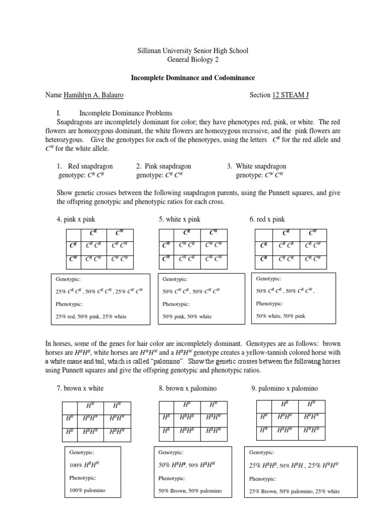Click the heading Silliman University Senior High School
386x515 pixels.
(192, 51)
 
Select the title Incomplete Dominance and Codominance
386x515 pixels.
(192, 78)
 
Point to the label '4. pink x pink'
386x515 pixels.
(76, 219)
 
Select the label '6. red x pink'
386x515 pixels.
(267, 219)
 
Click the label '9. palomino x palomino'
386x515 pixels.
(284, 388)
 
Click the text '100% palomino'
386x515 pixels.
(87, 490)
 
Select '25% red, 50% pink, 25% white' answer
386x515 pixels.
(91, 316)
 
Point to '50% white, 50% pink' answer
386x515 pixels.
(280, 316)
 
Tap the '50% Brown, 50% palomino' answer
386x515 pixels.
(189, 491)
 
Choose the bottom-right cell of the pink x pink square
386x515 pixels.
(120, 260)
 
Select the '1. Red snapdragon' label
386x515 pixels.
(84, 166)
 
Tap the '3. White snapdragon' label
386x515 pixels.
(257, 166)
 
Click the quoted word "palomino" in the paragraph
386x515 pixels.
(169, 362)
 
